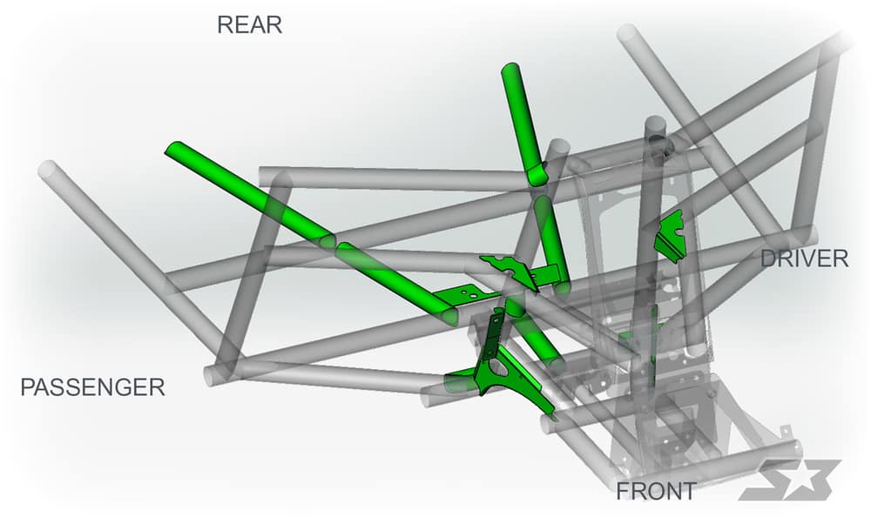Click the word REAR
249,25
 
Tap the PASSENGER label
93,387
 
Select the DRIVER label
804,258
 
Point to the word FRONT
656,491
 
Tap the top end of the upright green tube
510,70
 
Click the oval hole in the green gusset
498,372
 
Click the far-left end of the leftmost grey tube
47,169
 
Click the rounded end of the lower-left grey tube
211,377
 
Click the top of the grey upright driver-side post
656,124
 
